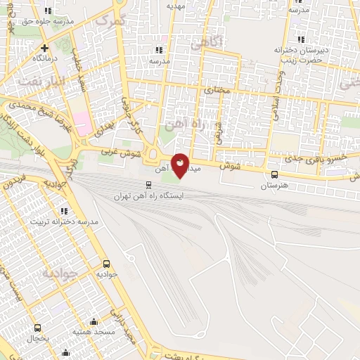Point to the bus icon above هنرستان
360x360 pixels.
point(274,175)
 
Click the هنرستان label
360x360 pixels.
point(274,186)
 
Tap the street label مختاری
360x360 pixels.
point(217,91)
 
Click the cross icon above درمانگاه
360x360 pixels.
point(44,47)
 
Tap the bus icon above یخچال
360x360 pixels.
point(37,328)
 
